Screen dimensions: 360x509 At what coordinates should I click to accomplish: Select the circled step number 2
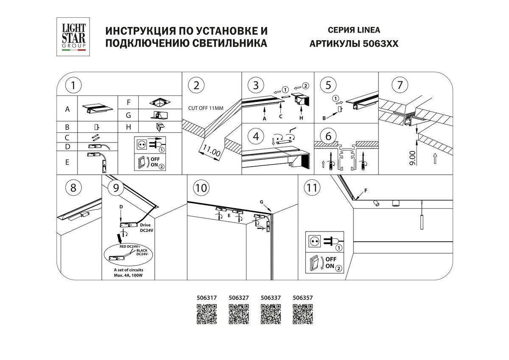pos(196,85)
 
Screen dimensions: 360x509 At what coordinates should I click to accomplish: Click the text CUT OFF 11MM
pos(206,108)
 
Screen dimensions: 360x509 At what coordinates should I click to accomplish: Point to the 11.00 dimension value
pos(210,151)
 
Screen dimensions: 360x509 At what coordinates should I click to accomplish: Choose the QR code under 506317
pos(207,314)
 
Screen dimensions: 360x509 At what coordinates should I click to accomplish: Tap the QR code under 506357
pos(303,314)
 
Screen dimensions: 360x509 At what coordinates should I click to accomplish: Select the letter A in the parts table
pos(67,109)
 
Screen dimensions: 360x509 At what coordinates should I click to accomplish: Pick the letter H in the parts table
pos(129,126)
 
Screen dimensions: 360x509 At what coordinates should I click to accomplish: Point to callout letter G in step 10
pos(262,201)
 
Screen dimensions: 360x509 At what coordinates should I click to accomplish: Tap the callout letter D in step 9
pos(121,206)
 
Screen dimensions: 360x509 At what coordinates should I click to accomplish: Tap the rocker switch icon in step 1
pos(141,162)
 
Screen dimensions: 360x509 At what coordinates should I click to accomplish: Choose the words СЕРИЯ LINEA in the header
pos(354,30)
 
